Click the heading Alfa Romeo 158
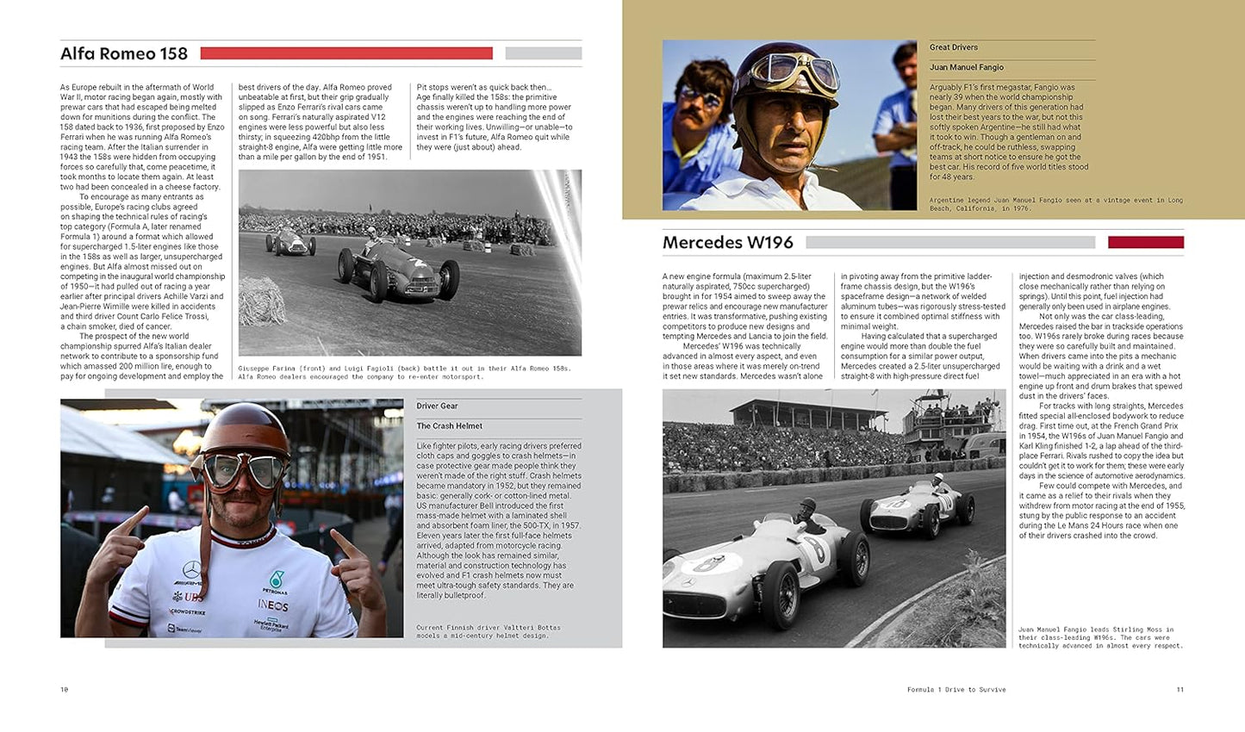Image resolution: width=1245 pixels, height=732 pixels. (x=124, y=54)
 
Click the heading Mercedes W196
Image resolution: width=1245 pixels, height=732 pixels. (x=727, y=243)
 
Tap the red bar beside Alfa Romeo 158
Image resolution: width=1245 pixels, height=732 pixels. (x=346, y=53)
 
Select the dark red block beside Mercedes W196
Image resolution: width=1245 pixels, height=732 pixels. (x=1145, y=243)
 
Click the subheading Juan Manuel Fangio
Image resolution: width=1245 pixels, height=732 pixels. (x=966, y=67)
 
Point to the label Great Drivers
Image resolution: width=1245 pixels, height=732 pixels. (x=953, y=47)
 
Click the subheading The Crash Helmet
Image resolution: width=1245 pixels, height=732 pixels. (x=449, y=426)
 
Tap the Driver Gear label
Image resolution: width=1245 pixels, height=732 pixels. (x=437, y=406)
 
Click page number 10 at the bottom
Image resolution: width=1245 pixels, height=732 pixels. (x=64, y=690)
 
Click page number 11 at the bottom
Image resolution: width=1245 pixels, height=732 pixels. (x=1180, y=690)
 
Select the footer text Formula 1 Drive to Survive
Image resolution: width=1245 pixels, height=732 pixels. (x=956, y=690)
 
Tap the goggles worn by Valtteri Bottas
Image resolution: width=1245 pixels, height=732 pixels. (x=242, y=472)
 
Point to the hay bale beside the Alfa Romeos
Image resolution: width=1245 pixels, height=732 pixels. (x=261, y=300)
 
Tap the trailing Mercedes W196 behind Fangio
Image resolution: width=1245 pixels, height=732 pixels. (x=911, y=508)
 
